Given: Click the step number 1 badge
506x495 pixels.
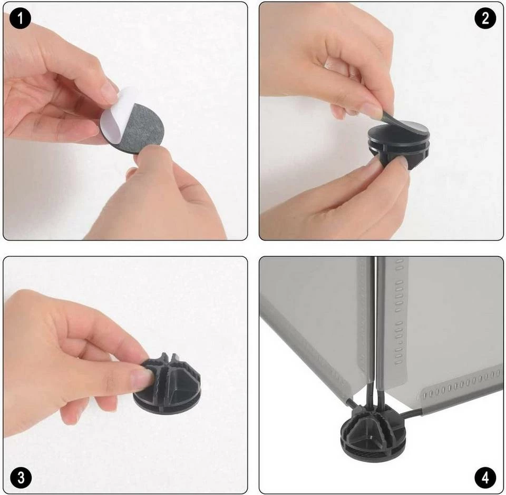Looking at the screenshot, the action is (x=20, y=18).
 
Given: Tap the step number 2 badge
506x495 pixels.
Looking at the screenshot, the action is (x=485, y=18).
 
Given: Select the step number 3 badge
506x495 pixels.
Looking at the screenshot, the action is (x=21, y=478).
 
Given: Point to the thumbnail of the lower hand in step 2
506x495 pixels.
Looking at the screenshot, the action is (x=402, y=162).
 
